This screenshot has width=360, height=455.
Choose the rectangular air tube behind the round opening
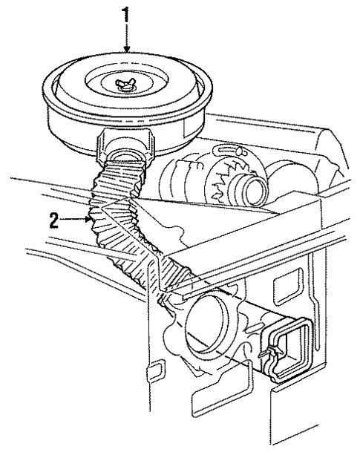pyautogui.click(x=252, y=327)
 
